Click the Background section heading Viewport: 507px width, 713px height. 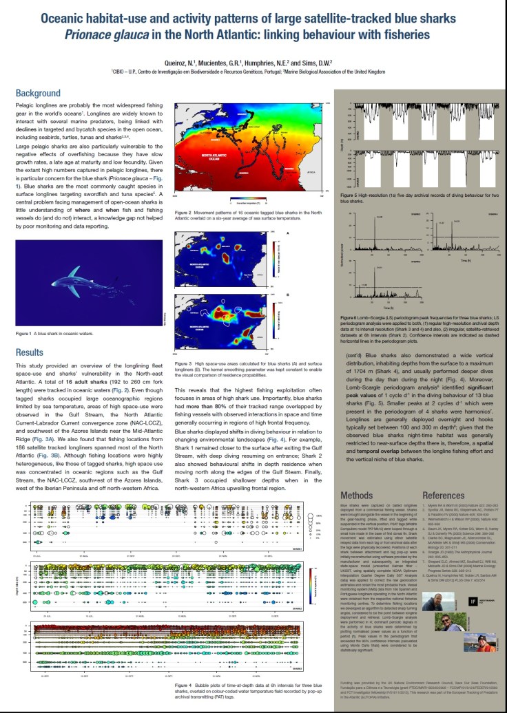tap(38, 93)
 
